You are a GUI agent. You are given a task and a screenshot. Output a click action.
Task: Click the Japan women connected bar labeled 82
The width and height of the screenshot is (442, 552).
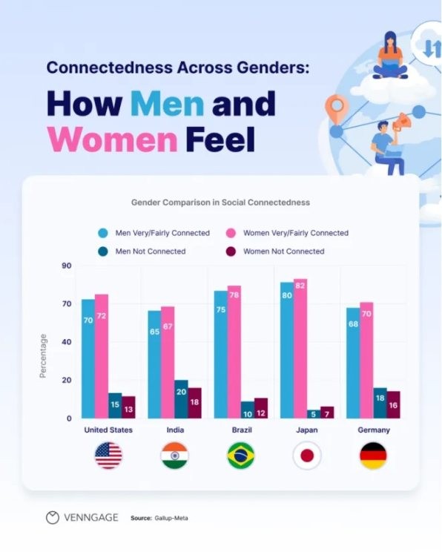pos(300,349)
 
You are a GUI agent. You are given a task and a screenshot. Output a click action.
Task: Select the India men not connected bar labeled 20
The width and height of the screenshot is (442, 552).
pos(181,399)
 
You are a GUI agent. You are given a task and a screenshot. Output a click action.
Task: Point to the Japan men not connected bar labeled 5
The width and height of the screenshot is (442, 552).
pos(314,414)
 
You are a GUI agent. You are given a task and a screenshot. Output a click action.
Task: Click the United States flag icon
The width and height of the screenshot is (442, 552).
pos(108,456)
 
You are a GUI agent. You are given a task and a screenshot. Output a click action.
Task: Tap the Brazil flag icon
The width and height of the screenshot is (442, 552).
pos(240,456)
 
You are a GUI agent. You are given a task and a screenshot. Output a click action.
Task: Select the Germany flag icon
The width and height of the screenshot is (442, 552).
pos(373,456)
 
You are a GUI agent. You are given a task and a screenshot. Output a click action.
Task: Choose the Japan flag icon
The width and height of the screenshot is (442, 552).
pos(307,456)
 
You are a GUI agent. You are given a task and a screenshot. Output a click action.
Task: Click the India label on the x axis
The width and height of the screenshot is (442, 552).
pos(175,430)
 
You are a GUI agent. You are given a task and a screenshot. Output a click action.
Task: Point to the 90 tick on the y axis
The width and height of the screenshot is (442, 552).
pos(67,266)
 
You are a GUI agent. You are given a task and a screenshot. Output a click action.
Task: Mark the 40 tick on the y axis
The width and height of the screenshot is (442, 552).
pos(67,342)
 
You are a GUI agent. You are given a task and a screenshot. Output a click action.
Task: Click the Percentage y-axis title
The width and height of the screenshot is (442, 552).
pos(43,355)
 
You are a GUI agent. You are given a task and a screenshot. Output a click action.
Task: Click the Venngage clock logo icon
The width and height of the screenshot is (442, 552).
pos(52,518)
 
